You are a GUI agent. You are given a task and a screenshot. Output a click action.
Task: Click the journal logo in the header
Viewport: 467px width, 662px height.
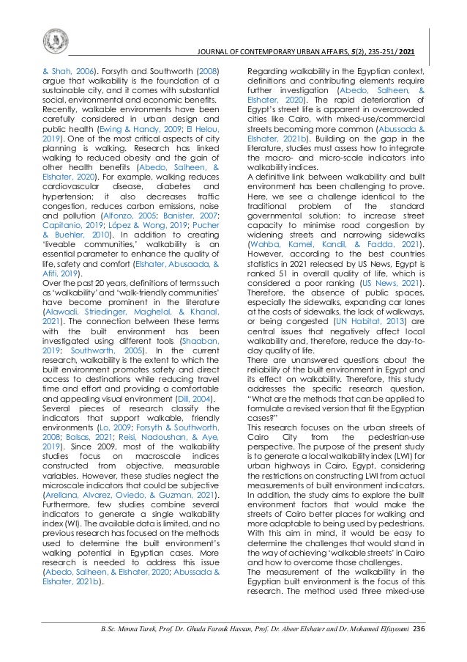55,39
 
